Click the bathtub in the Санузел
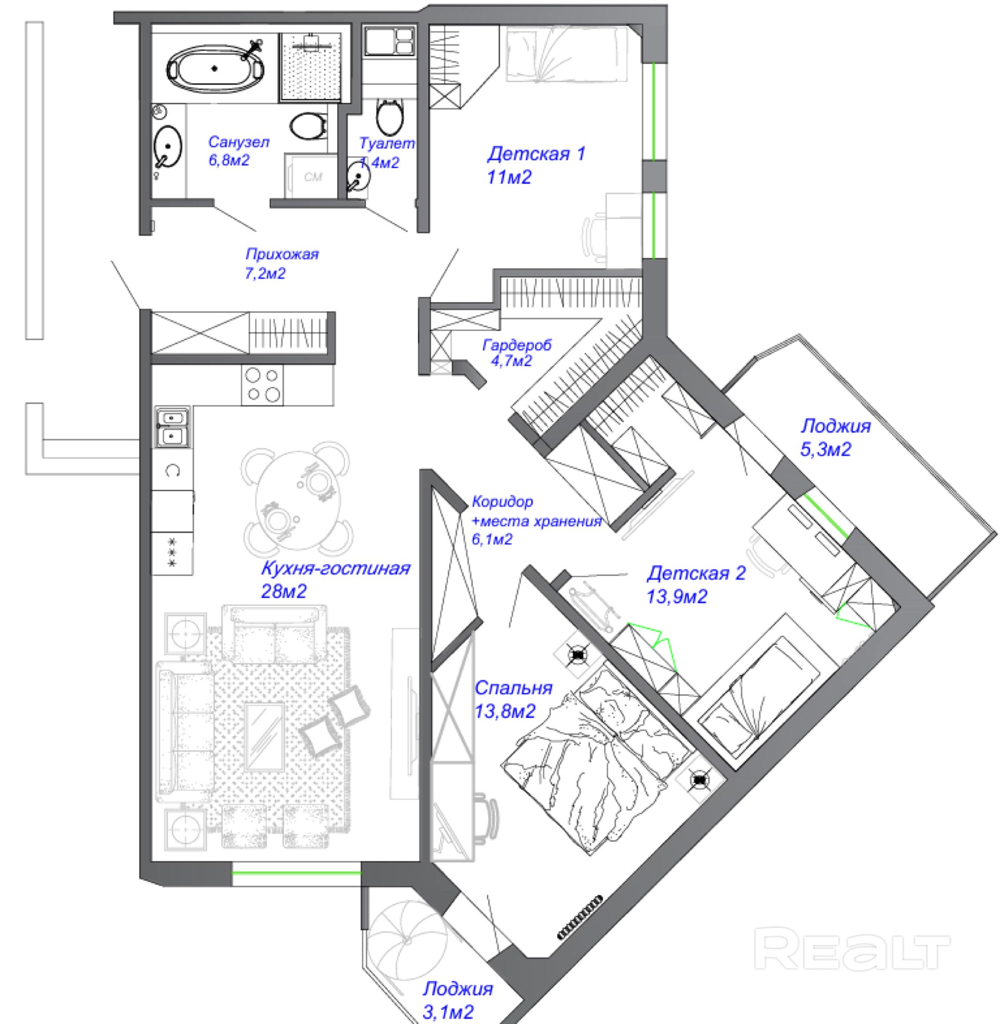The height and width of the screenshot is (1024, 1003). (215, 69)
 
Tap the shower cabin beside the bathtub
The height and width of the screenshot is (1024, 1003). (315, 67)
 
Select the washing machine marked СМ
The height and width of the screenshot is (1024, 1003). (312, 177)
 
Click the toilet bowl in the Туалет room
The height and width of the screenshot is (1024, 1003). (390, 117)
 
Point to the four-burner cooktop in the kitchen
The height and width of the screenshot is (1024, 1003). (263, 385)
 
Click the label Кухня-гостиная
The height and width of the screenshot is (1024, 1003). (336, 569)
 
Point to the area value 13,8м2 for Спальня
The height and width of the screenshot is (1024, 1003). (505, 712)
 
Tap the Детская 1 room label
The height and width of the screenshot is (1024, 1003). (536, 155)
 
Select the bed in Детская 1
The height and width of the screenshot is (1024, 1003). (566, 55)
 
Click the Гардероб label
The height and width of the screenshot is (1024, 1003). (517, 346)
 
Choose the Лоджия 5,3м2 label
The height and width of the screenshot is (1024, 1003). (836, 426)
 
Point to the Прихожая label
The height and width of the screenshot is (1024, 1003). (282, 254)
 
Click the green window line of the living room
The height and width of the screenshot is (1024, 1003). (297, 873)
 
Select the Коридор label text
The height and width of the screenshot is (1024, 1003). (502, 502)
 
